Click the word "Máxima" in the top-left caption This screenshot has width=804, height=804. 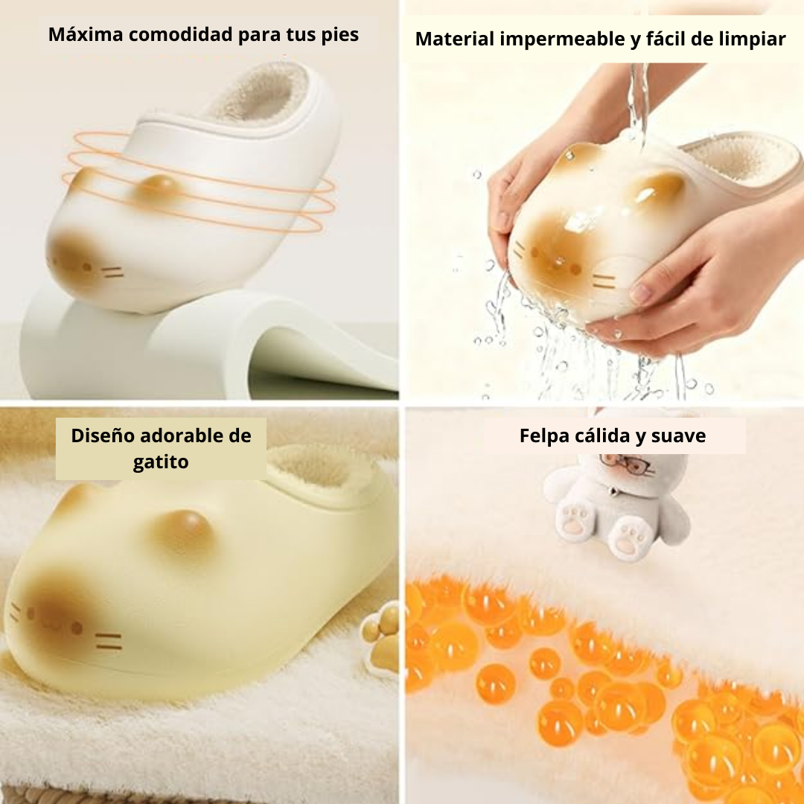tap(86, 34)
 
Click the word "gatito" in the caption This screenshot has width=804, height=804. tap(161, 462)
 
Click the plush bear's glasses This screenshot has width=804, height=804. tap(627, 462)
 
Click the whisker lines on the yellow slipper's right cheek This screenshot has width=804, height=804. tap(109, 642)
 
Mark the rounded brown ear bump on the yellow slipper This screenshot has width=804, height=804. tap(184, 530)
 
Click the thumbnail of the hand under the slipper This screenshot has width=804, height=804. tap(640, 293)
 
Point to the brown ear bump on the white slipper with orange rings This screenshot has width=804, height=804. tap(160, 187)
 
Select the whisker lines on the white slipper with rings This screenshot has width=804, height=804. tap(113, 272)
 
